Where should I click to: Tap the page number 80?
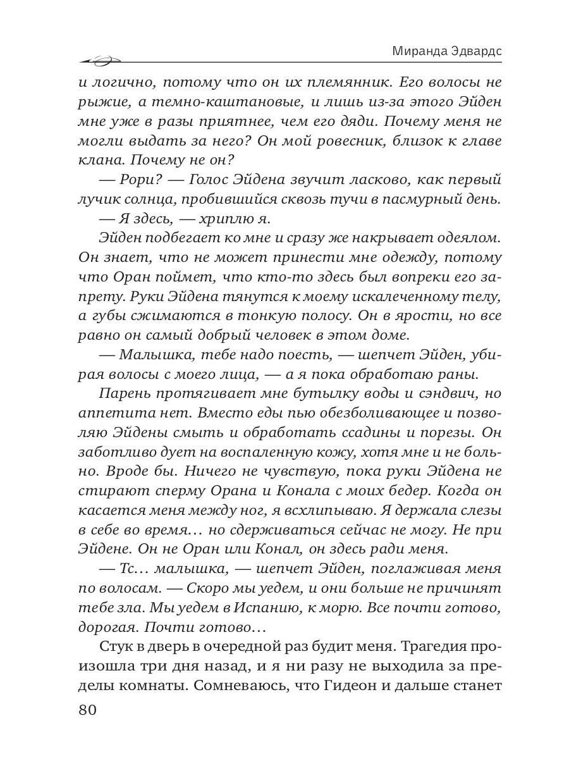(87, 710)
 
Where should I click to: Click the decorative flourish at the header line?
(101, 61)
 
